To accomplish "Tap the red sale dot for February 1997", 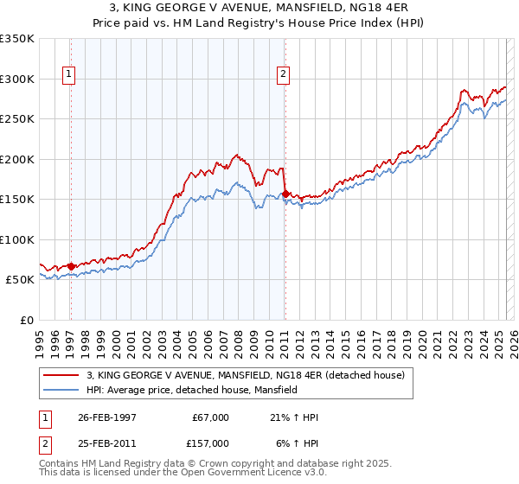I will pos(71,266).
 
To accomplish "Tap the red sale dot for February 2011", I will pos(285,194).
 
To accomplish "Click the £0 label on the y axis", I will pos(27,320).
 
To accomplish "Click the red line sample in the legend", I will pos(62,376).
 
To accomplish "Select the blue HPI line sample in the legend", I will pos(62,391).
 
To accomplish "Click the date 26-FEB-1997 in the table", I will pos(106,417).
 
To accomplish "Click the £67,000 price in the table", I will pos(210,417).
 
